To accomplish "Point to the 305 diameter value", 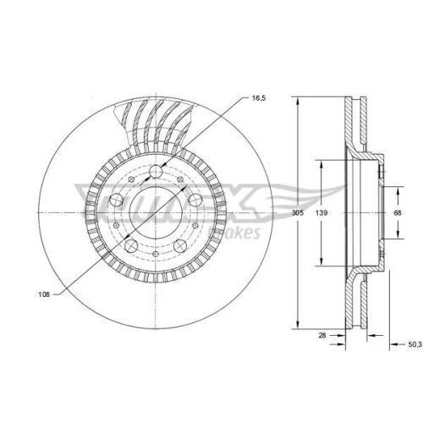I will (297, 214).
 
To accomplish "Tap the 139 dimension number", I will (321, 214).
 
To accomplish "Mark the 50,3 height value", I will (414, 344).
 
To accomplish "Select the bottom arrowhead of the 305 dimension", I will (297, 327).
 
